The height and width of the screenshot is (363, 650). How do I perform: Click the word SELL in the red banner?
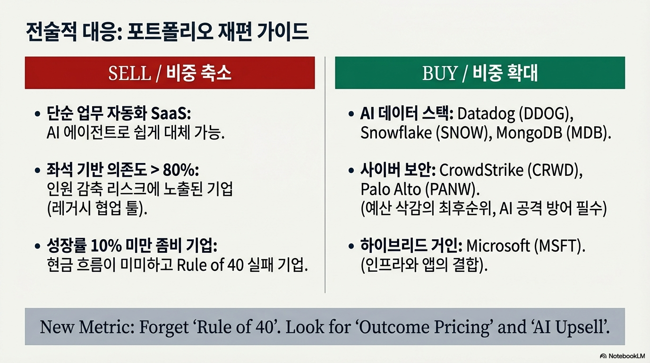(129, 73)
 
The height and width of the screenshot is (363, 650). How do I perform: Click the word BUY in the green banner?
(440, 73)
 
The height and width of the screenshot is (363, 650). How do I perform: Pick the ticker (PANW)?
(452, 190)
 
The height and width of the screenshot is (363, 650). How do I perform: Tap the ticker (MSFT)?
(559, 246)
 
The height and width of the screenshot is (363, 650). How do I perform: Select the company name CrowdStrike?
(481, 170)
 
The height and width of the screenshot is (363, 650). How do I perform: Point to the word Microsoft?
(498, 246)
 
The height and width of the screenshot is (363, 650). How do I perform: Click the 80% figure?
(181, 170)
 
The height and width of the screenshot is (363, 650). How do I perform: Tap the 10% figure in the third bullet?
(106, 246)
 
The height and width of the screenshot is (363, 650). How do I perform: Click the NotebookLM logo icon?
(603, 356)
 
